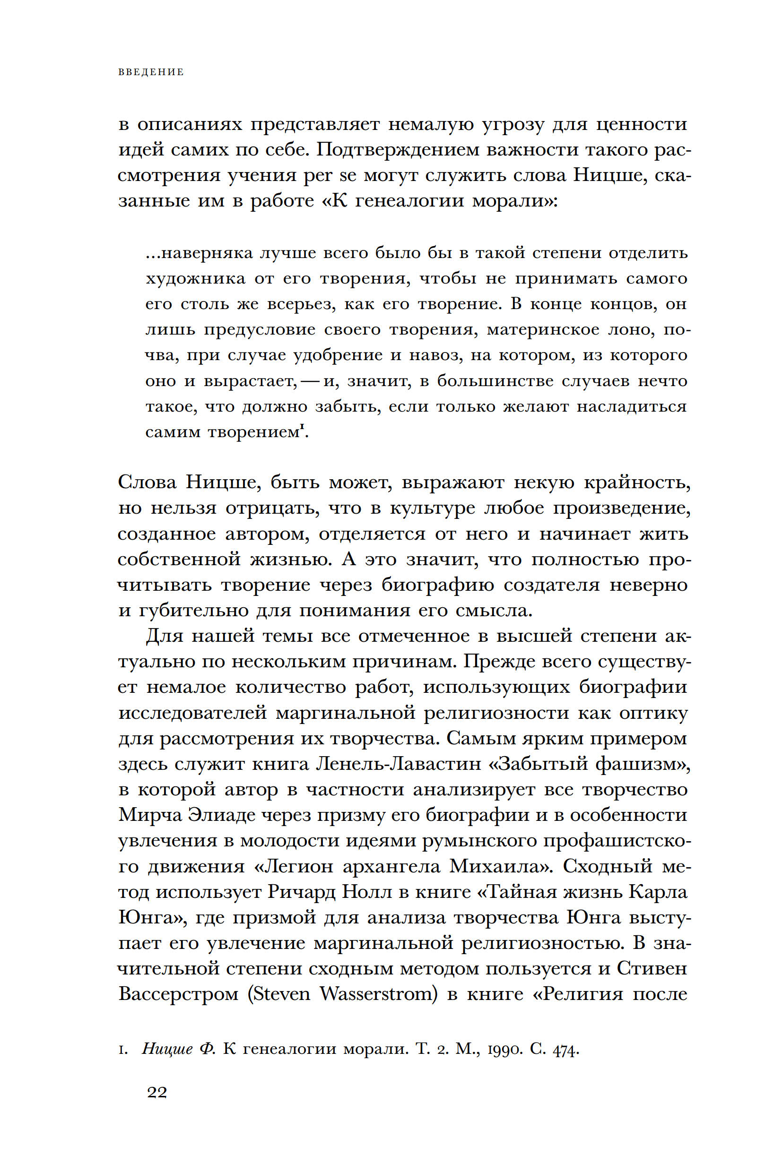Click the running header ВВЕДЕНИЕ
(151, 72)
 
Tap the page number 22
(157, 1092)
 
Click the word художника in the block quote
(196, 278)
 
